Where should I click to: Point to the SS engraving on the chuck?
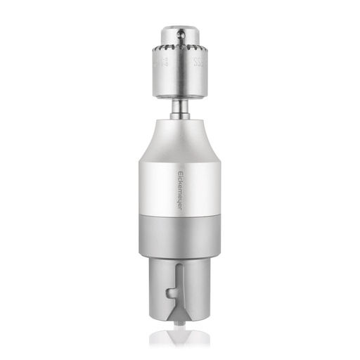tap(198, 67)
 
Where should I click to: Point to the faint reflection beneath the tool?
tap(180, 337)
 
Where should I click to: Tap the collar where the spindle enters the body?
tap(180, 117)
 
